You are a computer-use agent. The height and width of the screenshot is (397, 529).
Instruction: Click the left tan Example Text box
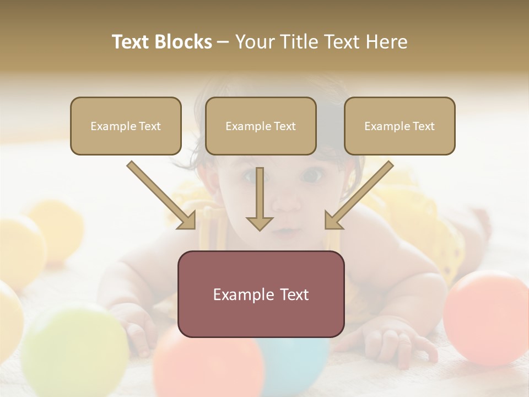(126, 126)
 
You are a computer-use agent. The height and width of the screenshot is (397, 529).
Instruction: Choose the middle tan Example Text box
(261, 126)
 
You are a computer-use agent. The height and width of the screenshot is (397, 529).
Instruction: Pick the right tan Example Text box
(400, 126)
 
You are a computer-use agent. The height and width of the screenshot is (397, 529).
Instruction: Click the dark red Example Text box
(261, 294)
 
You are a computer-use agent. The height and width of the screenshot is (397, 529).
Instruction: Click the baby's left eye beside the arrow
(312, 176)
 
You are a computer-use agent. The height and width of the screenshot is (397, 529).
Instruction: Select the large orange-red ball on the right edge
(488, 317)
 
